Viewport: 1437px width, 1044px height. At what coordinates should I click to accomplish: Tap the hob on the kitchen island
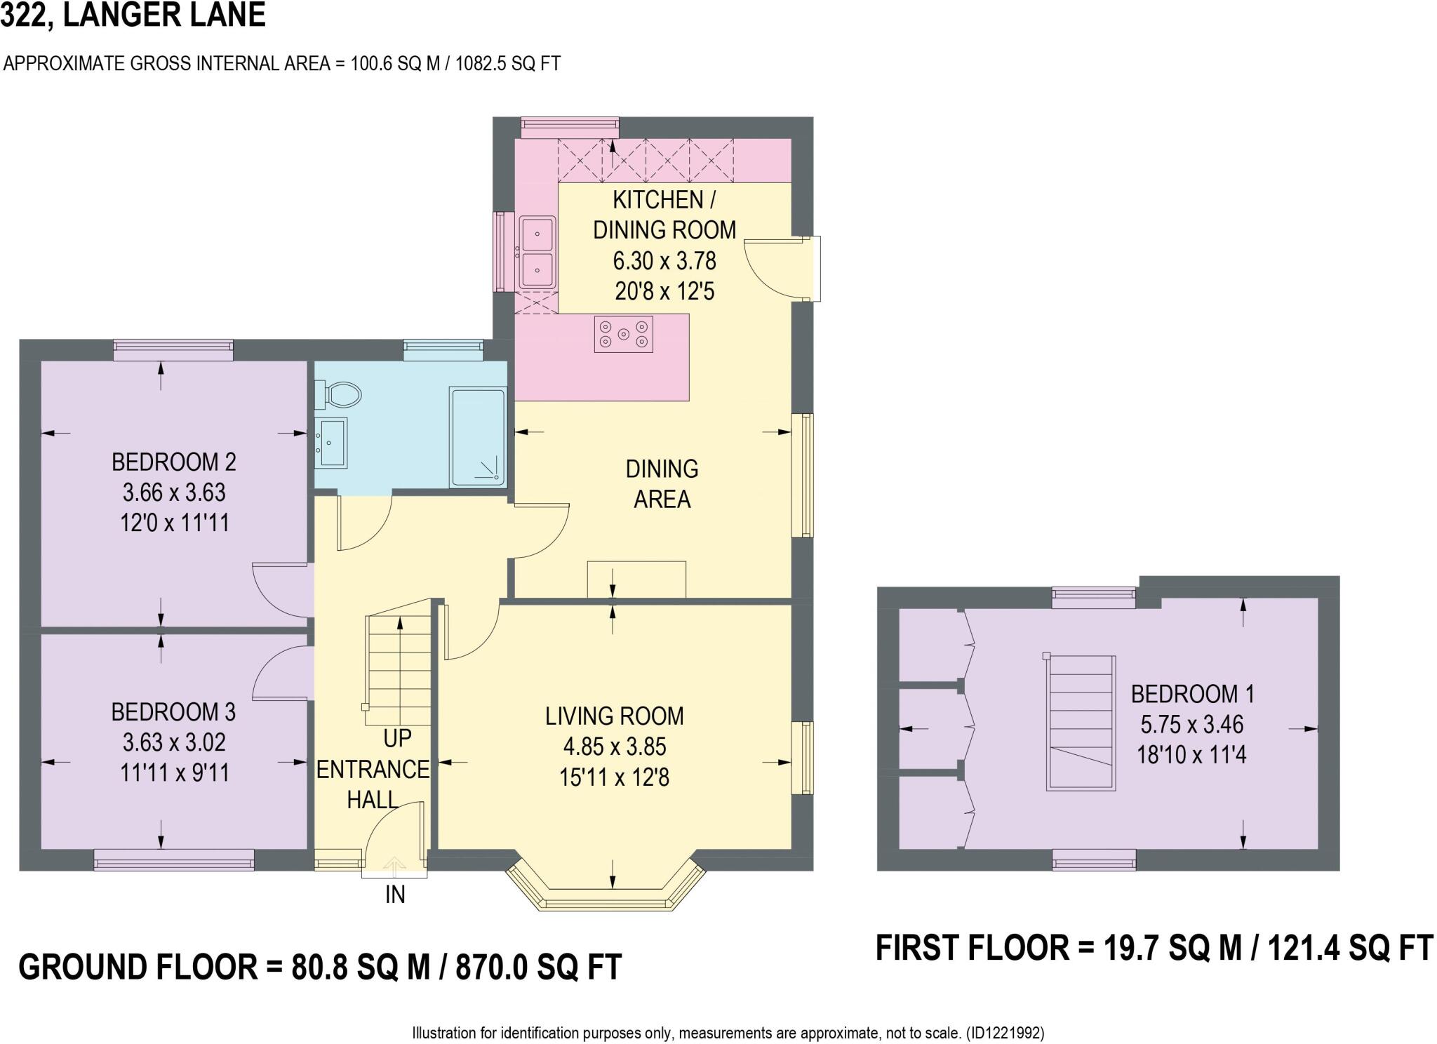pyautogui.click(x=623, y=334)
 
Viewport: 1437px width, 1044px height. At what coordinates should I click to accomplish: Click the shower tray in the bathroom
pyautogui.click(x=478, y=437)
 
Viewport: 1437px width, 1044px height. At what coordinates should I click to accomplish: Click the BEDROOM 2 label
pyautogui.click(x=174, y=462)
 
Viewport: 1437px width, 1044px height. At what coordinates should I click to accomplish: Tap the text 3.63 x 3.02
pyautogui.click(x=174, y=742)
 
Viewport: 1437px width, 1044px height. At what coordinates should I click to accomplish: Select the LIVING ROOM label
pyautogui.click(x=614, y=716)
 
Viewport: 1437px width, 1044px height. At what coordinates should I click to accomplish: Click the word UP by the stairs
pyautogui.click(x=397, y=739)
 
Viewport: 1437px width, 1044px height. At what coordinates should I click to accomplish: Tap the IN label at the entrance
pyautogui.click(x=395, y=895)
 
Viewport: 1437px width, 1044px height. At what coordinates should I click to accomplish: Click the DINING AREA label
pyautogui.click(x=662, y=484)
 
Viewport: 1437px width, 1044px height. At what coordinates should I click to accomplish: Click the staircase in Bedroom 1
pyautogui.click(x=1081, y=723)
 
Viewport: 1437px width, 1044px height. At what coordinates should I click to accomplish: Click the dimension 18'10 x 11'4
pyautogui.click(x=1191, y=756)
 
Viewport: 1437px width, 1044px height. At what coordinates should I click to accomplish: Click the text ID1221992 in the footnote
pyautogui.click(x=1005, y=1033)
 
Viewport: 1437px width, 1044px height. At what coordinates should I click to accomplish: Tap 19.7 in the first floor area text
pyautogui.click(x=1129, y=949)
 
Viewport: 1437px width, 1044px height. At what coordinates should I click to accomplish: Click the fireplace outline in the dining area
pyautogui.click(x=636, y=580)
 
